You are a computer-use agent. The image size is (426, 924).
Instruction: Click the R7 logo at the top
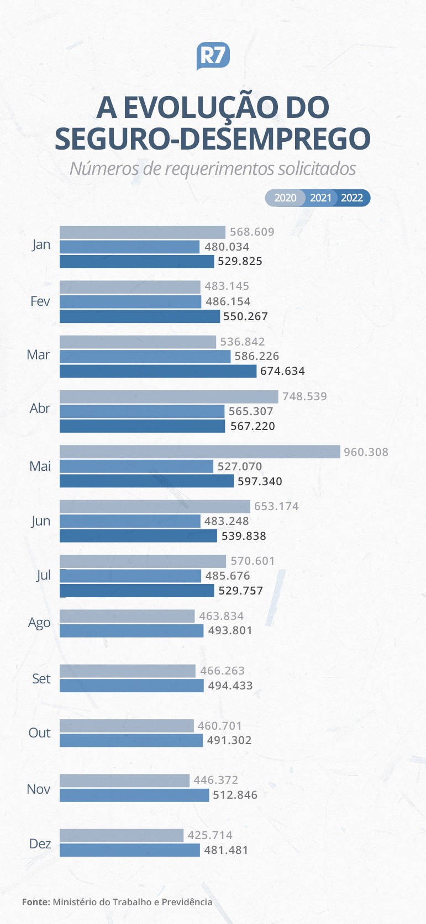point(213,56)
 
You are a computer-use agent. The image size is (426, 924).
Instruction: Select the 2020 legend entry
point(285,198)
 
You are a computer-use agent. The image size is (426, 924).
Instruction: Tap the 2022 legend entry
point(352,198)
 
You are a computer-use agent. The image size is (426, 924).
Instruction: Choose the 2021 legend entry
point(320,198)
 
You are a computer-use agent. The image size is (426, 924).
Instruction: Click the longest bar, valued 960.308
point(199,452)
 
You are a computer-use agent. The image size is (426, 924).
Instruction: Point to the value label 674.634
point(282,371)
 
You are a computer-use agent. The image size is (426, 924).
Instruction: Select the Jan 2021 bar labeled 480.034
point(129,247)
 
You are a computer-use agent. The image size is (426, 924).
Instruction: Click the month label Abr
point(40,408)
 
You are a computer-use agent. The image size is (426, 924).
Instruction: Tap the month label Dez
point(40,843)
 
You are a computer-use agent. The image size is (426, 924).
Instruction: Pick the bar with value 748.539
point(169,396)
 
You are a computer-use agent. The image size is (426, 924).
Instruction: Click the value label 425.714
point(210,835)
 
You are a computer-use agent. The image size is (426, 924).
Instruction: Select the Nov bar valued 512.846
point(134,795)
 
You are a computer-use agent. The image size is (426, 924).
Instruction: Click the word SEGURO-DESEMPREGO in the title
point(213,139)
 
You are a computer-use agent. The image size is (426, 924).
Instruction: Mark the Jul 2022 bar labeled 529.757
point(136,591)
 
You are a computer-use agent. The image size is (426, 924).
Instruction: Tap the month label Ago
point(39,623)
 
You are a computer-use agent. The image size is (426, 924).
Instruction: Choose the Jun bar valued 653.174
point(155,506)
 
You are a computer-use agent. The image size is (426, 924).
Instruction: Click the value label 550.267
point(245,316)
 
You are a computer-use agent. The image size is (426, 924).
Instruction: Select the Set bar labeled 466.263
point(128,671)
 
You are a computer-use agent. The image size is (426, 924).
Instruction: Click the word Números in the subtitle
point(103,168)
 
